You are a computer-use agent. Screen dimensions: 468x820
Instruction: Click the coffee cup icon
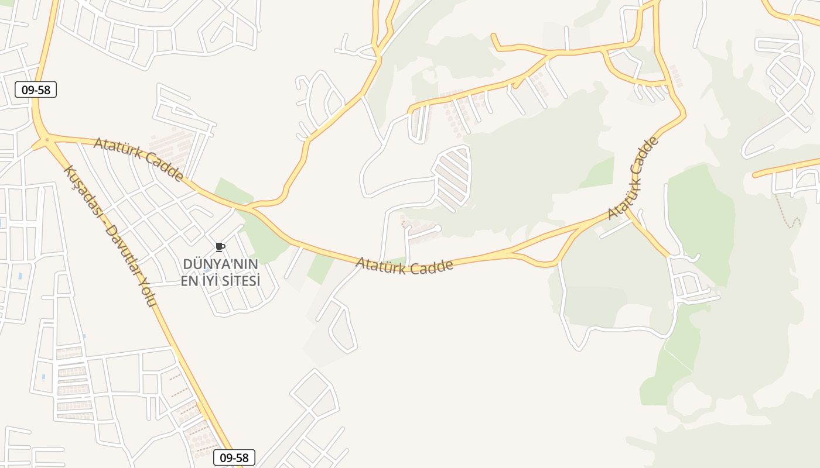pos(220,247)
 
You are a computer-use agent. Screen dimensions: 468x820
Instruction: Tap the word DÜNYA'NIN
pos(220,264)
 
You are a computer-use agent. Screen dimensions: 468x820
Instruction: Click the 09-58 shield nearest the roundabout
pos(36,90)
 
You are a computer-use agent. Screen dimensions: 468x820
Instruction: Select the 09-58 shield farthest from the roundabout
pos(234,457)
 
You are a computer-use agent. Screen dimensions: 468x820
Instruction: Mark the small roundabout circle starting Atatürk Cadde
pos(46,140)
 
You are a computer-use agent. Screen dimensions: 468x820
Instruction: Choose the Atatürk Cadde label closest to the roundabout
pos(139,159)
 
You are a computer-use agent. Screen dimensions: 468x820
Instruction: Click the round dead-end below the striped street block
pos(437,228)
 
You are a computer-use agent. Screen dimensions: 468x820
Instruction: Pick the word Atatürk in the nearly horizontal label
pos(381,265)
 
